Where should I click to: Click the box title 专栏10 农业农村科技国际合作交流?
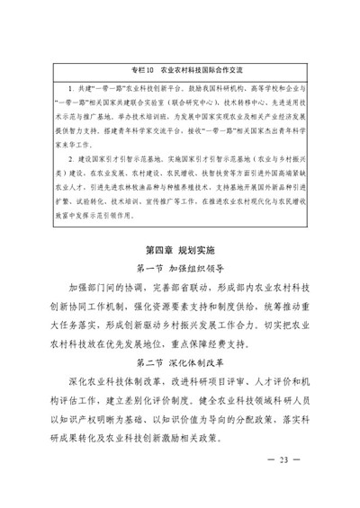tap(180, 68)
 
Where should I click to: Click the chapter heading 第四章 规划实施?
tap(180, 247)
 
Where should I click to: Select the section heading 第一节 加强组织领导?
tap(180, 267)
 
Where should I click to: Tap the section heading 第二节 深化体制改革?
tap(180, 361)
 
